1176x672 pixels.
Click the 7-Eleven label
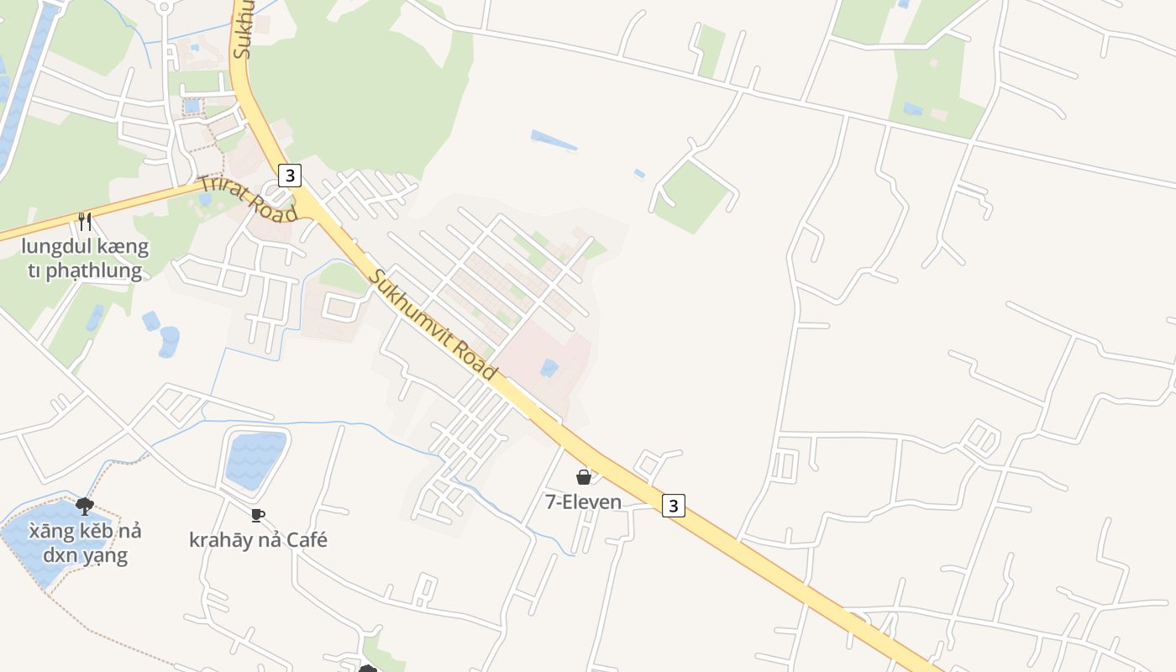point(584,502)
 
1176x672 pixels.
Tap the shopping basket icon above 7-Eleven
point(584,477)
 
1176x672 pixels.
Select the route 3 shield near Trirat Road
point(290,176)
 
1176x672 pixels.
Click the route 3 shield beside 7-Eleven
point(673,506)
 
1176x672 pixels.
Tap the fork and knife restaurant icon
point(84,222)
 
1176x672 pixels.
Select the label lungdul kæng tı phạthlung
point(85,259)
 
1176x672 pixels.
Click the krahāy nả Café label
point(258,539)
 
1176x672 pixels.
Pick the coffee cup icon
point(258,515)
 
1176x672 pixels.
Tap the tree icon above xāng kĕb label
point(84,505)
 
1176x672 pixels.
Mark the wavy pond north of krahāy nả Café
point(255,460)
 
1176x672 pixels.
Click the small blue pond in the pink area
point(549,367)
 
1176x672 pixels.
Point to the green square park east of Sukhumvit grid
point(691,197)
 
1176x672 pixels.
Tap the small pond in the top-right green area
point(912,109)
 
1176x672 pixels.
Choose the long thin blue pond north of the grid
point(554,140)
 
